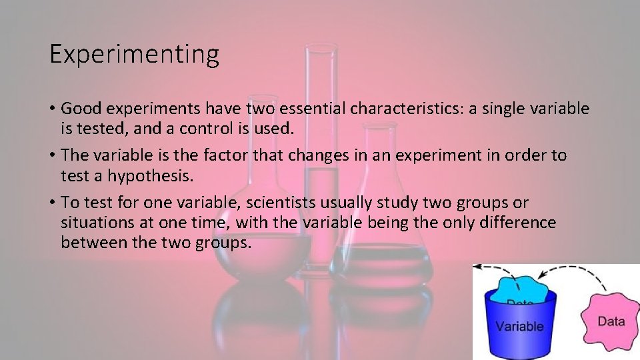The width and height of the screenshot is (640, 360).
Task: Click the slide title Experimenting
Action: (x=134, y=55)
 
